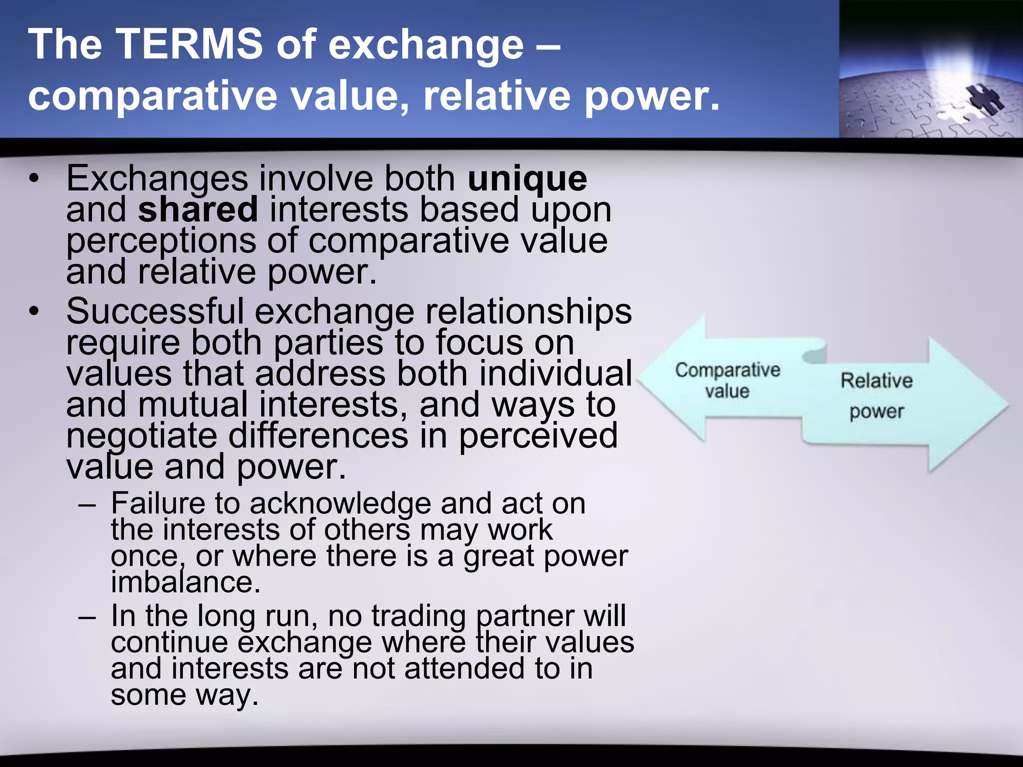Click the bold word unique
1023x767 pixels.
click(x=527, y=178)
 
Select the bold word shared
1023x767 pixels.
click(x=198, y=210)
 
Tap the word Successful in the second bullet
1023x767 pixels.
click(x=155, y=311)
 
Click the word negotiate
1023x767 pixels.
click(x=142, y=435)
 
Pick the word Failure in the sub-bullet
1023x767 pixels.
click(x=157, y=503)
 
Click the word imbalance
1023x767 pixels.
click(x=185, y=582)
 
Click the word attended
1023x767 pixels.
click(x=465, y=669)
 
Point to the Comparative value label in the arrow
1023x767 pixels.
click(x=727, y=380)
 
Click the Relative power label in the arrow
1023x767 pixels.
click(x=877, y=395)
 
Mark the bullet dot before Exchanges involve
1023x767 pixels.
click(x=33, y=178)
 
